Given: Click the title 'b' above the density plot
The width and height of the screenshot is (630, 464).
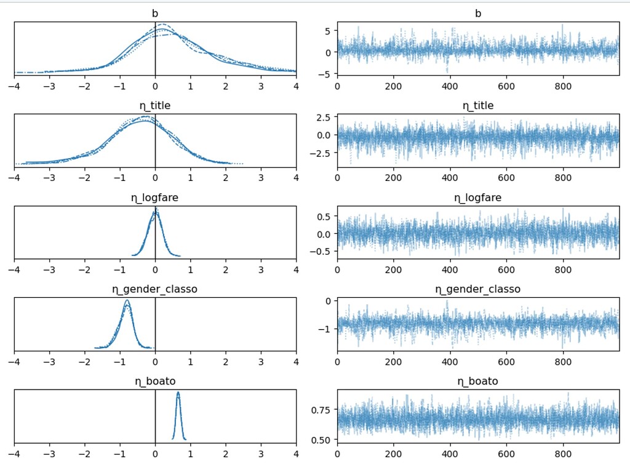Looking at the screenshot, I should [x=155, y=13].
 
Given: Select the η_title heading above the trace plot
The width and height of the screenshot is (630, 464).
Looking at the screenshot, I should [x=478, y=105].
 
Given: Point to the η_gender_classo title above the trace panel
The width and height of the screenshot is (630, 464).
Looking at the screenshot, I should [x=478, y=289].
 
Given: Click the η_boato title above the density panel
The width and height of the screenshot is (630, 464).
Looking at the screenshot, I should [x=155, y=381].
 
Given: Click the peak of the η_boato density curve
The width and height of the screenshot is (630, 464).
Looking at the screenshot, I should [x=178, y=393].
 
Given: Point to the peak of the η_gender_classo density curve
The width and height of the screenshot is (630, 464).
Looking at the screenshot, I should [x=127, y=300].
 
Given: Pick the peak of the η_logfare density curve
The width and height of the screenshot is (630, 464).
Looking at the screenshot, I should [x=155, y=209].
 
